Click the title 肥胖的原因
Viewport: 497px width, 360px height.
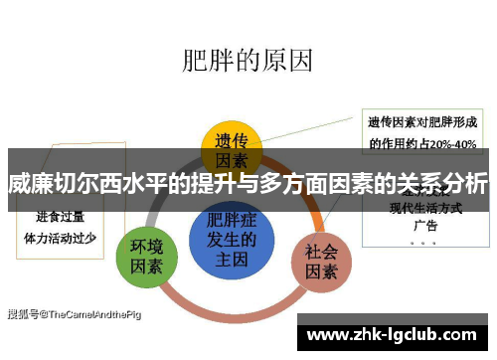(248, 60)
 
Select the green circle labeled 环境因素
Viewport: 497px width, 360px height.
(146, 256)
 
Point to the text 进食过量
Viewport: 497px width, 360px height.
(61, 217)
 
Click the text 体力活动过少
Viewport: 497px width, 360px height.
(61, 238)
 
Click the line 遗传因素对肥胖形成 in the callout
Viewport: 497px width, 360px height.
(422, 122)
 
